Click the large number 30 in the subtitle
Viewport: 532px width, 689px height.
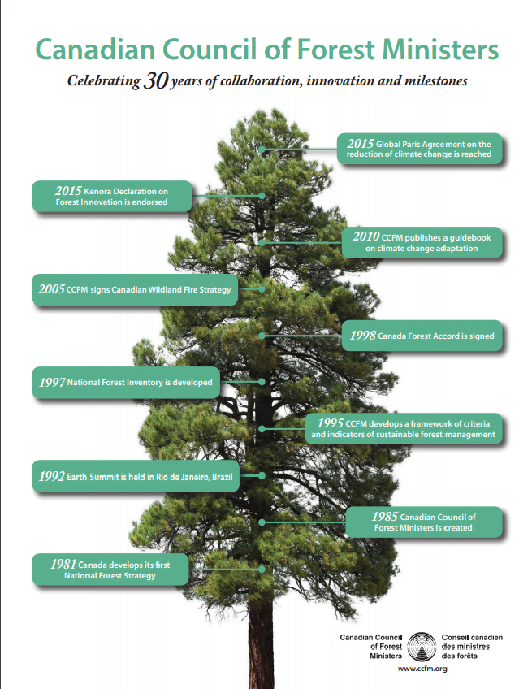[x=155, y=80]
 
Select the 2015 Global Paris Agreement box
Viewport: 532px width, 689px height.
[x=419, y=149]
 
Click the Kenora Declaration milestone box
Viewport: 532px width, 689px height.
[x=112, y=196]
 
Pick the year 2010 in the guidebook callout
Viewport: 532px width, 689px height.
[x=365, y=237]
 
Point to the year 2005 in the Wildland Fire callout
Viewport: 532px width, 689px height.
[x=51, y=289]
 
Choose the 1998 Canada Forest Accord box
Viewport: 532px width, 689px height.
[x=422, y=336]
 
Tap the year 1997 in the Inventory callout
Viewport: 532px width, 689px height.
[x=52, y=383]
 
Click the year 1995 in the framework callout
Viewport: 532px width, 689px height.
[x=331, y=423]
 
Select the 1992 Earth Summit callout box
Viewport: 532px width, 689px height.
[x=136, y=476]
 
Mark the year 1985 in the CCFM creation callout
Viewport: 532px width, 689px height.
[x=385, y=516]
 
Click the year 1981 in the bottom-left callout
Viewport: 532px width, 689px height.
[x=63, y=564]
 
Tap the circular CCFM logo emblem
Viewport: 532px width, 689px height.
[x=422, y=647]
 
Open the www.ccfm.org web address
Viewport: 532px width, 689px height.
[x=422, y=669]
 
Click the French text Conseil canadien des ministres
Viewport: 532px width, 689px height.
[x=472, y=642]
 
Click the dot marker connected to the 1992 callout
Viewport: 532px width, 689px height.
[x=262, y=476]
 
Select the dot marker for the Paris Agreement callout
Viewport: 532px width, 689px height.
[x=262, y=149]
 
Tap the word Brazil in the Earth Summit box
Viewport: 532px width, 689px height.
[x=223, y=477]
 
